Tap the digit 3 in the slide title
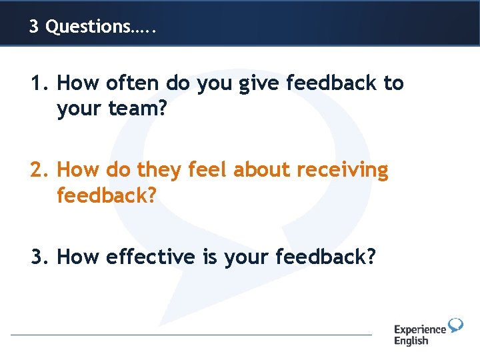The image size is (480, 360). tap(34, 27)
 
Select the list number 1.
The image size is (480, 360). tap(39, 83)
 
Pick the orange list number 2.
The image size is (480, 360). tap(39, 171)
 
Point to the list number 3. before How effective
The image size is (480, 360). tap(39, 257)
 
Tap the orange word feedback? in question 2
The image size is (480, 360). tap(106, 196)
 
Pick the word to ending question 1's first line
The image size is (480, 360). tap(393, 83)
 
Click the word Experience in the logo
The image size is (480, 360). tap(420, 329)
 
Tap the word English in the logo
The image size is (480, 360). tap(411, 341)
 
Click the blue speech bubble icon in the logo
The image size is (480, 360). tap(456, 325)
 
